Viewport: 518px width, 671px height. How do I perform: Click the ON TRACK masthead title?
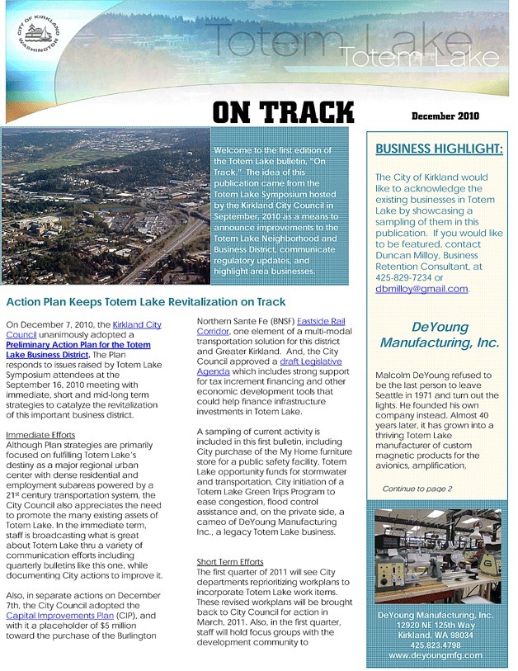coord(283,113)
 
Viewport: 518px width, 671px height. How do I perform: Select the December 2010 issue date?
coord(445,116)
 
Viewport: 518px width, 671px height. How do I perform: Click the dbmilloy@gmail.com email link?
coord(421,289)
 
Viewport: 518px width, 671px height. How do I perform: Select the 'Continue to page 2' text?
coord(417,489)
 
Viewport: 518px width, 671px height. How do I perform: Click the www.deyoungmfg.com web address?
coord(435,654)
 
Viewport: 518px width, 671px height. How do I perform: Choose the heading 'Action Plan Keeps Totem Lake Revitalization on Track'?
coord(145,302)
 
